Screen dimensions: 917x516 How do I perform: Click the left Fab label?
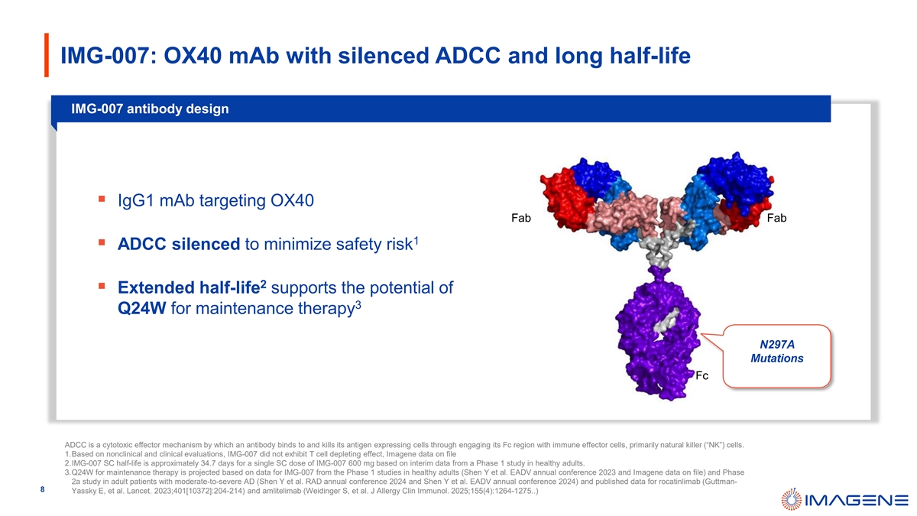520,218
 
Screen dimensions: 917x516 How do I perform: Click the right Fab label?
776,218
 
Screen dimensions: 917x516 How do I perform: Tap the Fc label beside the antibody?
702,375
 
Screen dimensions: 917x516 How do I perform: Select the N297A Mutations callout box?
776,356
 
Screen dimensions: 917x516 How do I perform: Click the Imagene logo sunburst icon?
792,499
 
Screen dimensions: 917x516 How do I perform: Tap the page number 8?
42,489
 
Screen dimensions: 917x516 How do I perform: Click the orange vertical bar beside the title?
47,55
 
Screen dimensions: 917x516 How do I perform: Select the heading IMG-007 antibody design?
150,109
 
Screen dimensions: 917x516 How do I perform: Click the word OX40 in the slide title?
193,56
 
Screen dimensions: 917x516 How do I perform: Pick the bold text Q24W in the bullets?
141,308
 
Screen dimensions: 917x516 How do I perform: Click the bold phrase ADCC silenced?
179,244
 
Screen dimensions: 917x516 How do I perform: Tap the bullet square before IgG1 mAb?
102,200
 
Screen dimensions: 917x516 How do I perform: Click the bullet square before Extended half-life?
102,286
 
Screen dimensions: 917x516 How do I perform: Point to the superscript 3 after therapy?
358,305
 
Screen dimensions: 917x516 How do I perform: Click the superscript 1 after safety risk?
416,241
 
